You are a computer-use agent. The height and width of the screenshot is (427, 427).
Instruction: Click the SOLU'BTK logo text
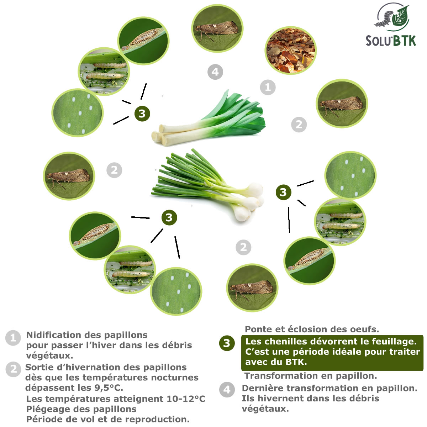[391, 40]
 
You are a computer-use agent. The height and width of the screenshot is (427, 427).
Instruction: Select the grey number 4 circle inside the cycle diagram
[215, 72]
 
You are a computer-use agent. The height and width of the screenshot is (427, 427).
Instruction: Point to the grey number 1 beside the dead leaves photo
[268, 87]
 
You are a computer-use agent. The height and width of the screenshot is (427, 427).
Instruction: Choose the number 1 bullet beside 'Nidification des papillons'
[13, 338]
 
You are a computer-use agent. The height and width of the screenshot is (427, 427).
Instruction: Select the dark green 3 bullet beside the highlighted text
[227, 343]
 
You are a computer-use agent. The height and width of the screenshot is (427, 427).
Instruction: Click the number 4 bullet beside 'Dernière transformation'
[227, 390]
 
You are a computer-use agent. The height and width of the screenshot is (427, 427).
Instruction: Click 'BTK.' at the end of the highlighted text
[296, 362]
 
